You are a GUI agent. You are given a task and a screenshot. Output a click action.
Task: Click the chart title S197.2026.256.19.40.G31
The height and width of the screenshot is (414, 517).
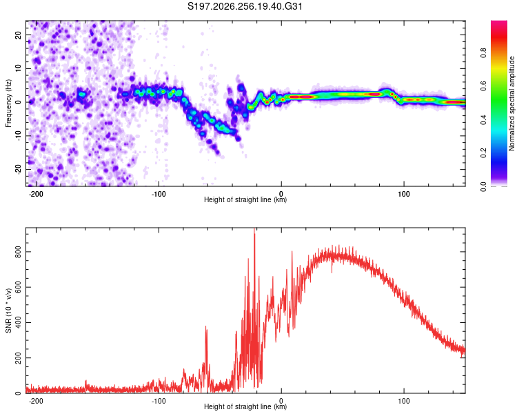click(245, 6)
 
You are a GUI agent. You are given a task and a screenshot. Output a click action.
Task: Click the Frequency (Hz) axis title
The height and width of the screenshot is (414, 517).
click(8, 103)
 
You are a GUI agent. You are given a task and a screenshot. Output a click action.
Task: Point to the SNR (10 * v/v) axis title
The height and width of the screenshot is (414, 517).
click(8, 310)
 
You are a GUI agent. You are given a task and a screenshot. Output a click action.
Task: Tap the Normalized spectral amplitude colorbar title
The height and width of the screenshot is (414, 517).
click(511, 103)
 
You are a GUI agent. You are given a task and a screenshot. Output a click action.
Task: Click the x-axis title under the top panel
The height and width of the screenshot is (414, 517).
click(245, 199)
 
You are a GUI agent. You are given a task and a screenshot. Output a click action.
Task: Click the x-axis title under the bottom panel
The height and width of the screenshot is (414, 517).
click(245, 406)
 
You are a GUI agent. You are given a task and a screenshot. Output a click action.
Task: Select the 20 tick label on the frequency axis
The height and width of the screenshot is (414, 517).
click(18, 35)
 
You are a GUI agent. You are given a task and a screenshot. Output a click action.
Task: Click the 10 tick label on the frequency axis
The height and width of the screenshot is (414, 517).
click(18, 69)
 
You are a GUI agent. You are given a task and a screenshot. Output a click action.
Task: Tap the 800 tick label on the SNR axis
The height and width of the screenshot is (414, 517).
click(18, 252)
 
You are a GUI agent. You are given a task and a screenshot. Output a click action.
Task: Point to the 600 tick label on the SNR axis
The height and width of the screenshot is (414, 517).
click(18, 287)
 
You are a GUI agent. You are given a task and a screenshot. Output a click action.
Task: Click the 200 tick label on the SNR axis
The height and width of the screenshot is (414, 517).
click(18, 357)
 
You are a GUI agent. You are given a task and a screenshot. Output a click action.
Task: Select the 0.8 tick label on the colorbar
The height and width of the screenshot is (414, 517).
click(483, 53)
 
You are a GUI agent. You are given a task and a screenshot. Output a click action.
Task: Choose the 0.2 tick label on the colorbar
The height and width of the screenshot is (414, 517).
click(483, 153)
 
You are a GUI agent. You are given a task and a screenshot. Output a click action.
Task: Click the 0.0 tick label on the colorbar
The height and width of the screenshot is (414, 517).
click(483, 187)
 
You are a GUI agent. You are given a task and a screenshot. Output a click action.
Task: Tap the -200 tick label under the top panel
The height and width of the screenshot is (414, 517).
click(36, 194)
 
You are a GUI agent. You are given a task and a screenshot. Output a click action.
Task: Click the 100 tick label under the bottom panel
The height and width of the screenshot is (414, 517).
click(403, 401)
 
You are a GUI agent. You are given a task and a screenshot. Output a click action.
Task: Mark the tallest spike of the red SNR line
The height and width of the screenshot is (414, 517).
click(254, 229)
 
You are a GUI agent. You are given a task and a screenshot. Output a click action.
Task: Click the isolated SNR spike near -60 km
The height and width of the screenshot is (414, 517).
click(206, 328)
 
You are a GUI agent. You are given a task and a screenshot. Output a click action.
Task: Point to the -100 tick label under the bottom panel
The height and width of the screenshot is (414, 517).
click(159, 401)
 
